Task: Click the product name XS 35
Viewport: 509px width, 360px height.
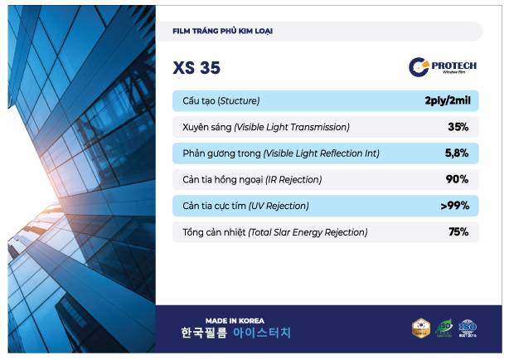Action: point(196,68)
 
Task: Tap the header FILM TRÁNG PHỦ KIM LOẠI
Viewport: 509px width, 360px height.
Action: point(222,32)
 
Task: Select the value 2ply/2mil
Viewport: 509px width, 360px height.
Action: point(446,101)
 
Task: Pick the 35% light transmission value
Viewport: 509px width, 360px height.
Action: point(458,128)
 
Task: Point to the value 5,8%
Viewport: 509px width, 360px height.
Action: point(457,153)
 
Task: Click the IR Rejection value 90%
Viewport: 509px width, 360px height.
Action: point(458,179)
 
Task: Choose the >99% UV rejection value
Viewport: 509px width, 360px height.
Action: point(454,206)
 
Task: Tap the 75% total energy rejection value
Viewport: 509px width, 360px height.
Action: point(458,232)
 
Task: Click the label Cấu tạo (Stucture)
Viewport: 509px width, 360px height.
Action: point(221,101)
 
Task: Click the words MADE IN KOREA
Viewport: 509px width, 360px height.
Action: point(240,319)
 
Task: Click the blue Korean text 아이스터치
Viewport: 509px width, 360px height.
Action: point(261,333)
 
